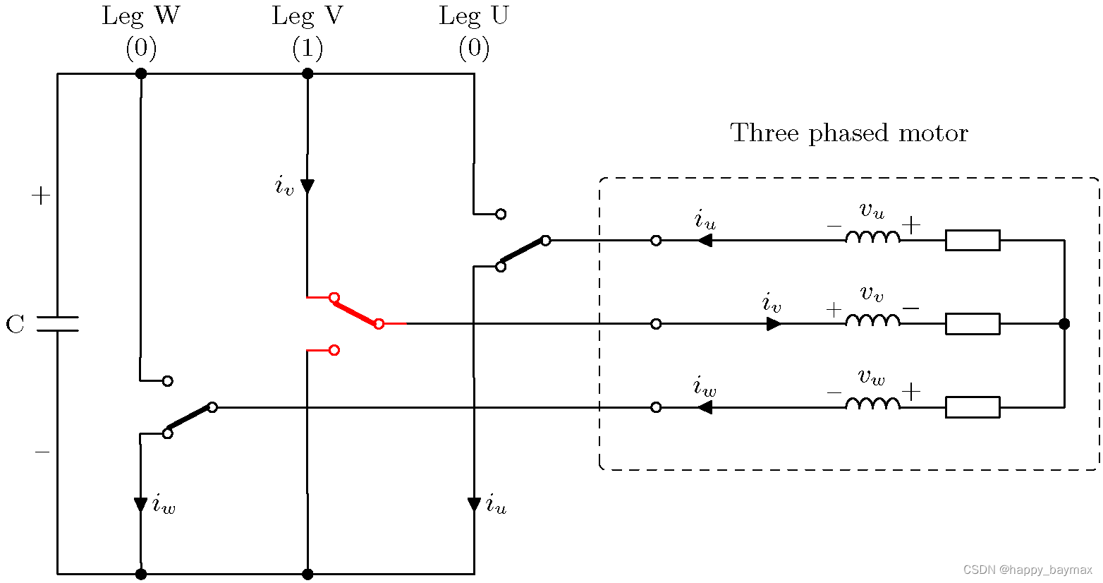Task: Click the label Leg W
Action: pyautogui.click(x=140, y=16)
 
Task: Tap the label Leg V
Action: pyautogui.click(x=307, y=16)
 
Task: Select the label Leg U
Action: pyautogui.click(x=473, y=16)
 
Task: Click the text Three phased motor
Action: pyautogui.click(x=848, y=133)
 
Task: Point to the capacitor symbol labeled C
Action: pyautogui.click(x=57, y=324)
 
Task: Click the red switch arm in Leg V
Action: pyautogui.click(x=356, y=311)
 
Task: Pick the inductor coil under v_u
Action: pyautogui.click(x=872, y=237)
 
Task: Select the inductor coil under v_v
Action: pyautogui.click(x=872, y=320)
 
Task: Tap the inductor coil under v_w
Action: pyautogui.click(x=872, y=404)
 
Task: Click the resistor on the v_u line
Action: pyautogui.click(x=972, y=240)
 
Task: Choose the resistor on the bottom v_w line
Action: pyautogui.click(x=972, y=407)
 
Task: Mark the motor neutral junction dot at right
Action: pyautogui.click(x=1064, y=324)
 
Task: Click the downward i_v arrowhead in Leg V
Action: pyautogui.click(x=307, y=186)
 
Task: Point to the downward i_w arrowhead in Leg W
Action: pyautogui.click(x=141, y=505)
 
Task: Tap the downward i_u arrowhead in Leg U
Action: pyautogui.click(x=474, y=505)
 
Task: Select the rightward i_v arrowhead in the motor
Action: pyautogui.click(x=774, y=324)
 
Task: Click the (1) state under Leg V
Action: pyautogui.click(x=307, y=48)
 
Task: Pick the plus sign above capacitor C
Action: pyautogui.click(x=41, y=196)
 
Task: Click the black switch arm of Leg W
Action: pyautogui.click(x=190, y=420)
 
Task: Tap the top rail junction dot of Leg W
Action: pyautogui.click(x=141, y=73)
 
